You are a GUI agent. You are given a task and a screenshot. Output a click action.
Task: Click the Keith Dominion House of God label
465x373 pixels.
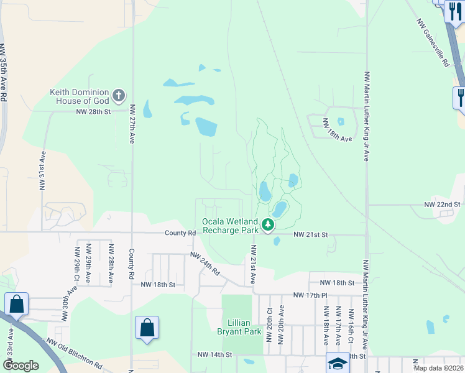pyautogui.click(x=80, y=96)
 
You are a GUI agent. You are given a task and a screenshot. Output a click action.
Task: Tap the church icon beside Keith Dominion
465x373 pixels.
pyautogui.click(x=118, y=96)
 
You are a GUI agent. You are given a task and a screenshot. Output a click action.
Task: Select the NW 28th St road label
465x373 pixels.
pyautogui.click(x=93, y=112)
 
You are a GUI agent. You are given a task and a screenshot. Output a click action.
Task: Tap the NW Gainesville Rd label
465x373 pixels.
pyautogui.click(x=433, y=42)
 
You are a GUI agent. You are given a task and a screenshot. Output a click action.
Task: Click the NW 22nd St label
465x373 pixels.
pyautogui.click(x=442, y=204)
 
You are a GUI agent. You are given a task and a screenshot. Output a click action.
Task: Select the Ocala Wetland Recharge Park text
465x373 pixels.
pyautogui.click(x=230, y=226)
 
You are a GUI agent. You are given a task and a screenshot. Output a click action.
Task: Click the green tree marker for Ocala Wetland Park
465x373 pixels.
pyautogui.click(x=268, y=224)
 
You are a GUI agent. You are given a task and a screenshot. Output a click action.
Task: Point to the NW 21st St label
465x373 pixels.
pyautogui.click(x=310, y=234)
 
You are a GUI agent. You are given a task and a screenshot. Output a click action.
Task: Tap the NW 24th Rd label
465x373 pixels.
pyautogui.click(x=206, y=264)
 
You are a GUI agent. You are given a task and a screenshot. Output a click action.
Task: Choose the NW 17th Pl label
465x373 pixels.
pyautogui.click(x=311, y=295)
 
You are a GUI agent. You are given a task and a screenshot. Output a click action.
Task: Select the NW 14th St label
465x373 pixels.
pyautogui.click(x=214, y=354)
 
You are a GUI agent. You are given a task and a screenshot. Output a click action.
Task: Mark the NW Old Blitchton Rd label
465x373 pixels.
pyautogui.click(x=75, y=352)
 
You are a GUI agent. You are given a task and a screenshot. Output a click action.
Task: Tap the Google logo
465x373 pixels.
pyautogui.click(x=20, y=366)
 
